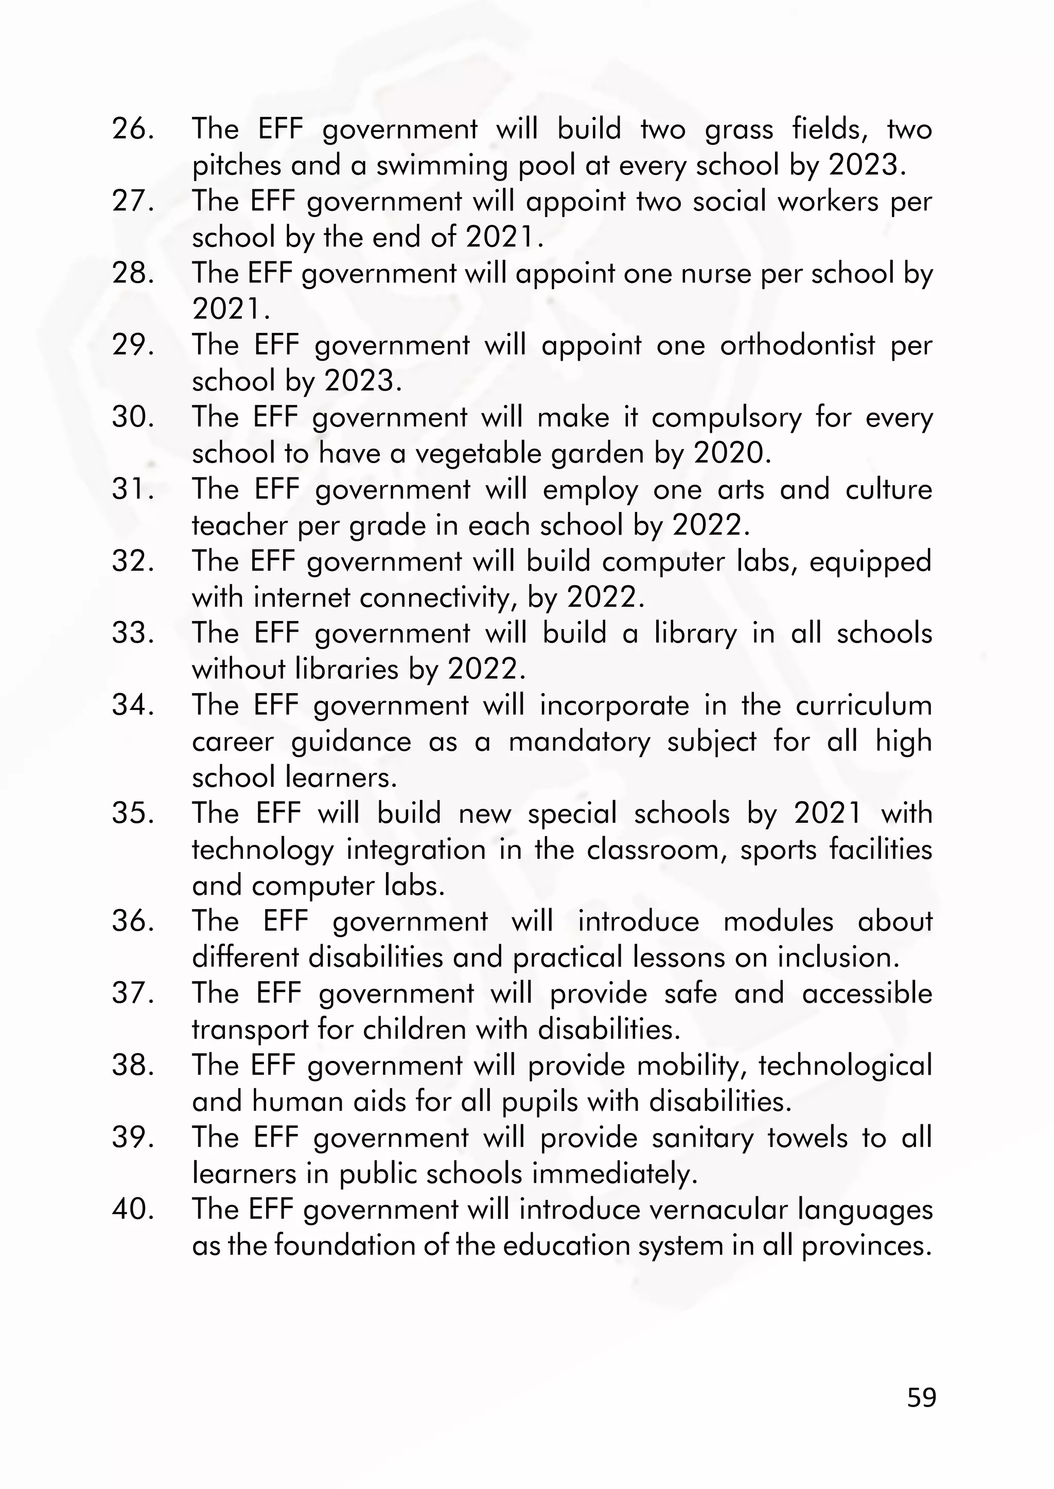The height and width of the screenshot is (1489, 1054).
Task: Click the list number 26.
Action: [x=133, y=129]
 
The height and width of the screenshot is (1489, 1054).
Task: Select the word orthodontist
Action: [x=797, y=345]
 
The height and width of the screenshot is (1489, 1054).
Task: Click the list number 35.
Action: [x=133, y=813]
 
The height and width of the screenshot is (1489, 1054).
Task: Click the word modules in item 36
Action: [x=778, y=921]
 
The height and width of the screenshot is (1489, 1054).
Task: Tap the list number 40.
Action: [x=133, y=1210]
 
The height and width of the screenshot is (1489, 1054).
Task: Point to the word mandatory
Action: [x=579, y=741]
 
